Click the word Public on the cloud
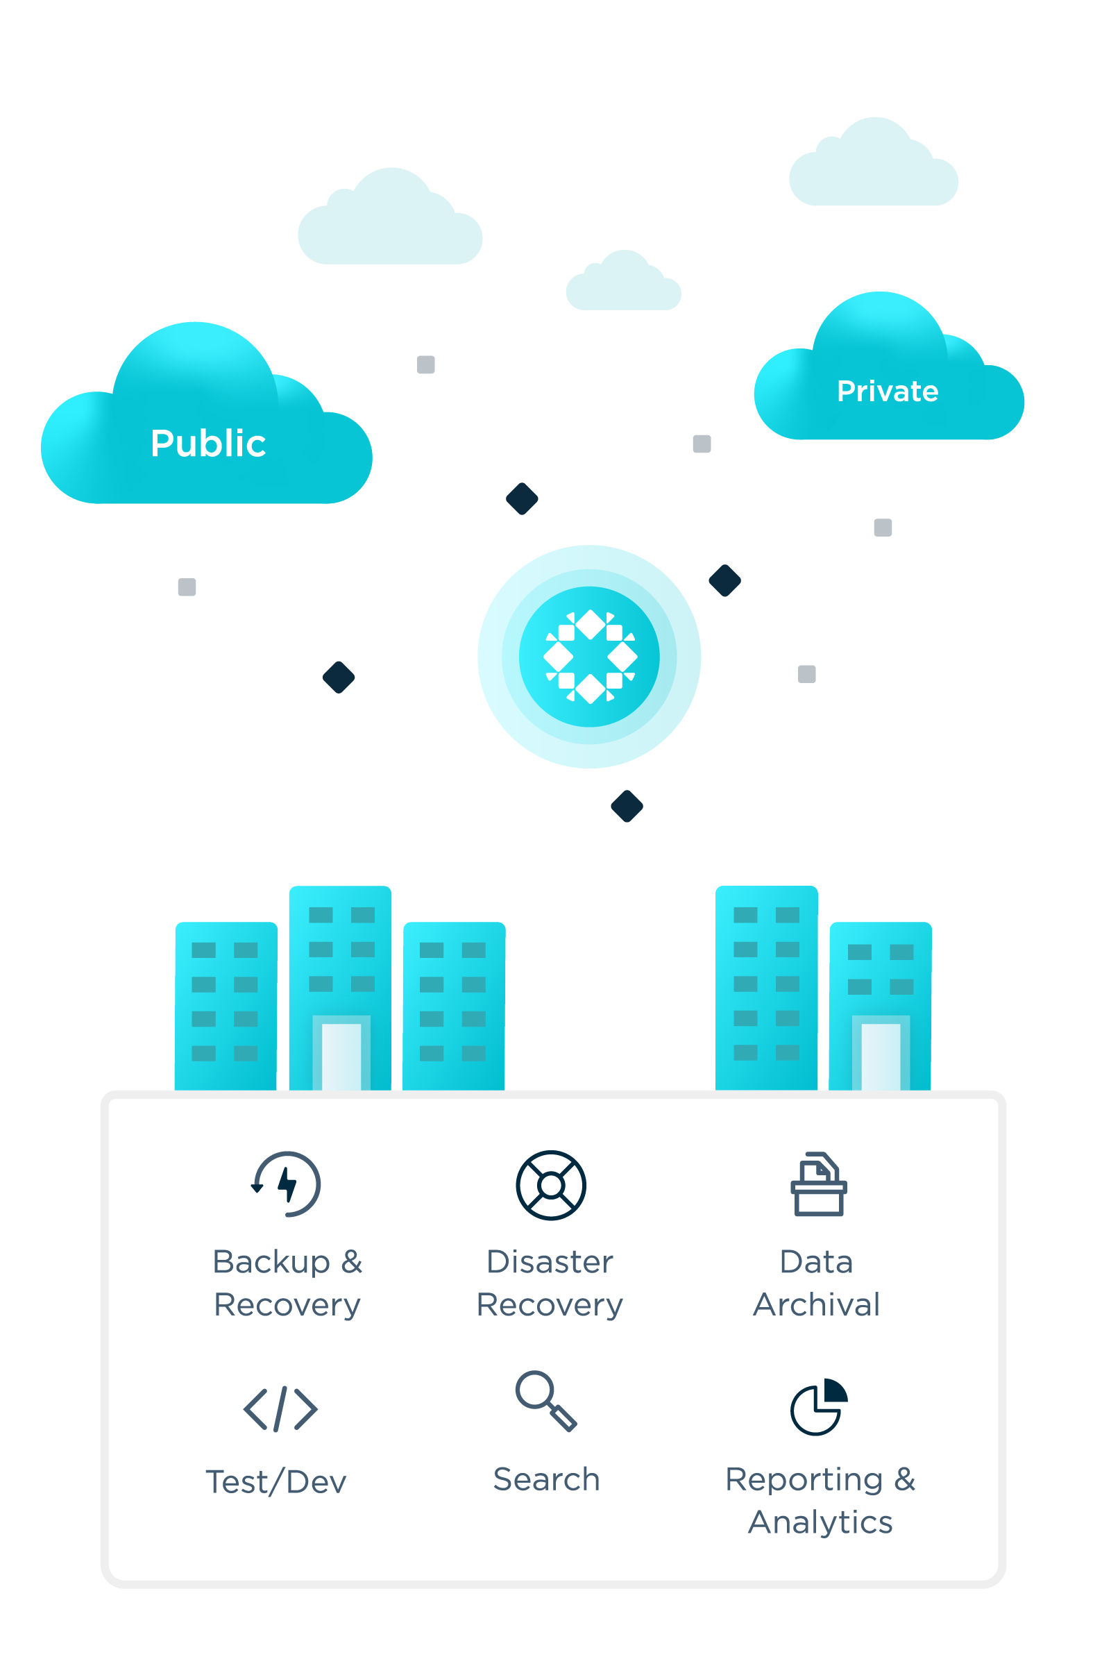(x=207, y=444)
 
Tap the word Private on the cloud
(x=887, y=392)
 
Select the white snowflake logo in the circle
(x=590, y=656)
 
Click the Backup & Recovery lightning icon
(x=287, y=1184)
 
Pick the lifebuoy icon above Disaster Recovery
(x=550, y=1185)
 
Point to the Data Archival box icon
(x=818, y=1185)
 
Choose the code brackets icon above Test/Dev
(x=280, y=1408)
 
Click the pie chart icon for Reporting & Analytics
(x=818, y=1407)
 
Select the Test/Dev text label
(x=275, y=1483)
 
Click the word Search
(x=546, y=1480)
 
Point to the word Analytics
(x=820, y=1522)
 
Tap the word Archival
(x=816, y=1304)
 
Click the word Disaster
(x=550, y=1262)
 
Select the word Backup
(x=271, y=1262)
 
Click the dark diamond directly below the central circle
(x=627, y=807)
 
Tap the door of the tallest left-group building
(x=341, y=1056)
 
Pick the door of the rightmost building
(x=881, y=1056)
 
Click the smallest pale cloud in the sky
(x=624, y=283)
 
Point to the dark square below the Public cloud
(x=187, y=587)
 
